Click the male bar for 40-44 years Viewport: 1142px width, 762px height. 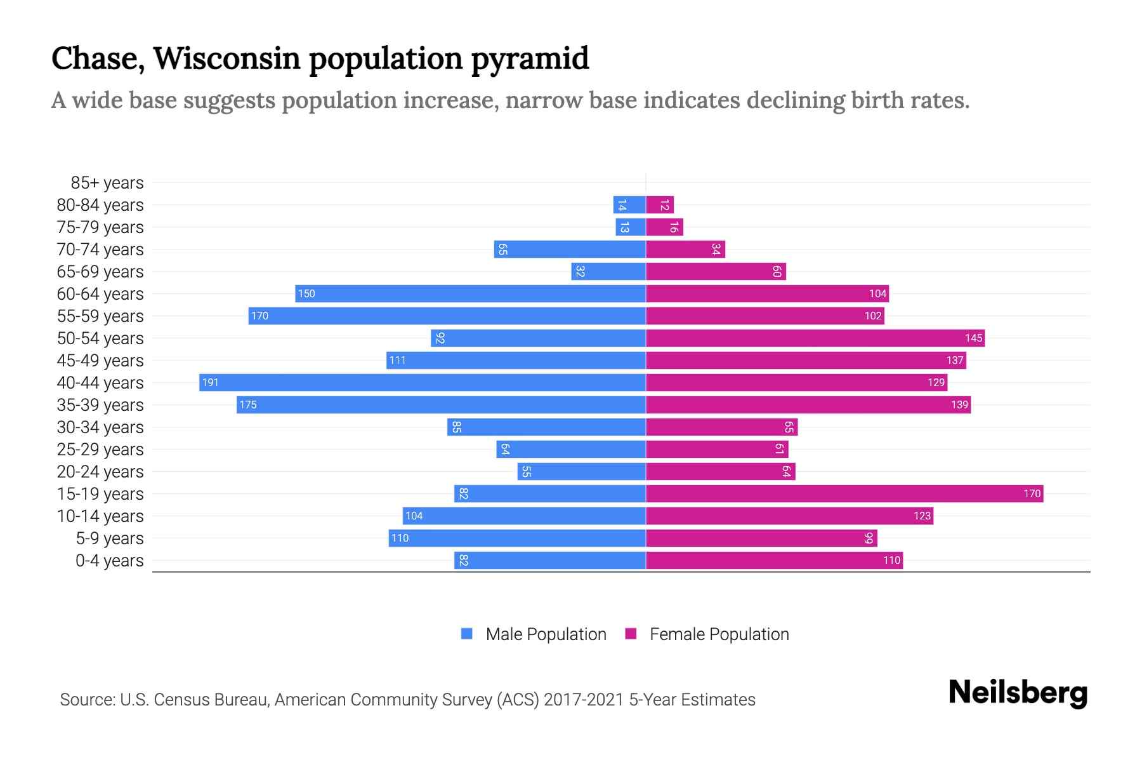click(422, 382)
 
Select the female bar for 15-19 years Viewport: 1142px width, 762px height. click(844, 493)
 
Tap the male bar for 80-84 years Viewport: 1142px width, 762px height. click(629, 204)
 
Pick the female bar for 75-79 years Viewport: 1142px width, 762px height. click(664, 227)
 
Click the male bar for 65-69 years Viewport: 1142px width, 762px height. click(608, 271)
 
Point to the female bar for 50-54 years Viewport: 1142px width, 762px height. click(815, 338)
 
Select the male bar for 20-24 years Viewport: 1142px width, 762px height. click(581, 471)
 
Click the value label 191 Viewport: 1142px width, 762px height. click(210, 382)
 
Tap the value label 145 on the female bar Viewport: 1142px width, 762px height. click(973, 338)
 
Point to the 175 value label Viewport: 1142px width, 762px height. click(248, 404)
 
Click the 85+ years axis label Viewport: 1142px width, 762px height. click(107, 183)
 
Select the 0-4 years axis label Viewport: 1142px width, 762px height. click(109, 561)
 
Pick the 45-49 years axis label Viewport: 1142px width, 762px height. click(100, 361)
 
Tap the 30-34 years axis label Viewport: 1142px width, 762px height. click(100, 427)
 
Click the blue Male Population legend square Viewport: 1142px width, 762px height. click(467, 634)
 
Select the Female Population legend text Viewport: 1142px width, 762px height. click(719, 634)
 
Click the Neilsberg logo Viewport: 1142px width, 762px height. click(1018, 693)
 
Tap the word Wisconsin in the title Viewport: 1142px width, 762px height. click(226, 58)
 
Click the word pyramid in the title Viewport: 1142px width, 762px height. click(530, 58)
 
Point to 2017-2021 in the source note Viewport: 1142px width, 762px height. click(584, 700)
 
